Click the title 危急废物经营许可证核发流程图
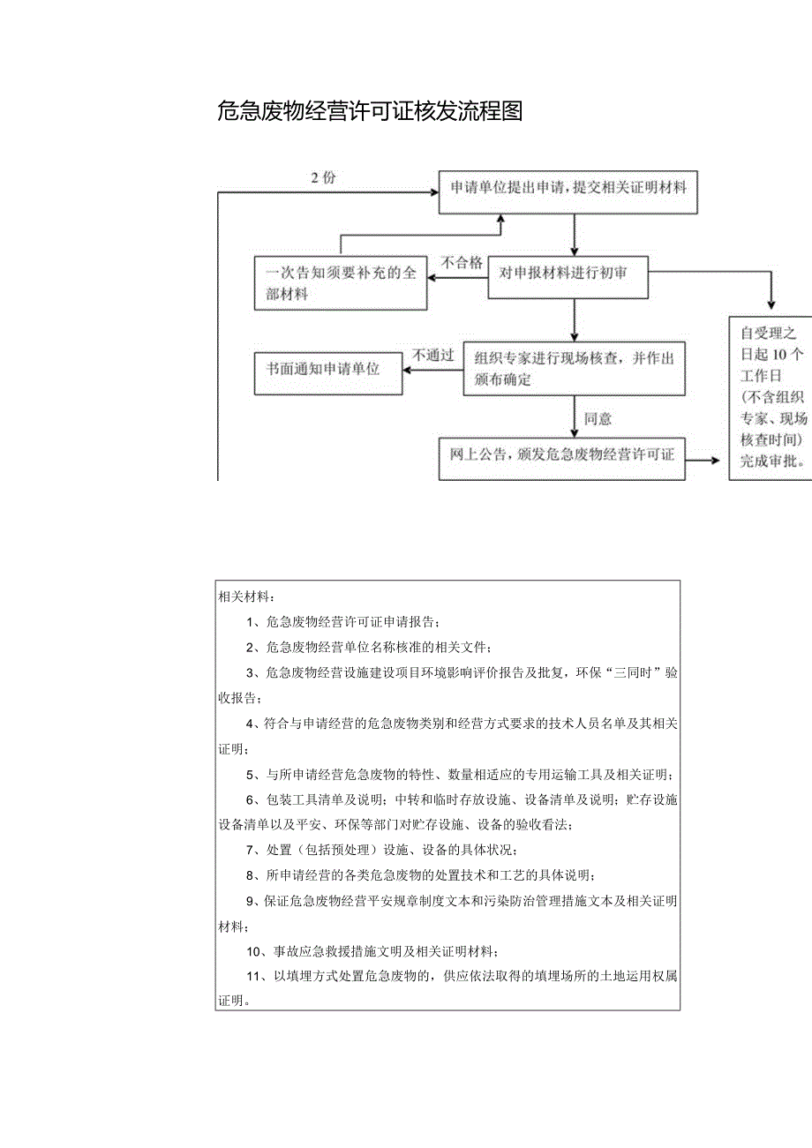[370, 111]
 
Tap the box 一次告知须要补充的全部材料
[341, 283]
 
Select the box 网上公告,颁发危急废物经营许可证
[561, 456]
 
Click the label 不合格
[462, 262]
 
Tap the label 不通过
[432, 356]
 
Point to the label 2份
[323, 178]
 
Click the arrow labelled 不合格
[458, 278]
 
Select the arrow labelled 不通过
[432, 370]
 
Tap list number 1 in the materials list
[252, 622]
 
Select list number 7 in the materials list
[252, 851]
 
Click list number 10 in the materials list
[256, 951]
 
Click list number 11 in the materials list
[255, 977]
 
